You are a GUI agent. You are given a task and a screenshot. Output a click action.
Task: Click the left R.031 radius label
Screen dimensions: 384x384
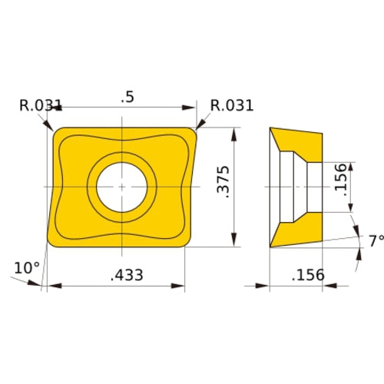click(41, 105)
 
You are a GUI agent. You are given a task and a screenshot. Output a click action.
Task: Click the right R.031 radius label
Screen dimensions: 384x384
click(233, 105)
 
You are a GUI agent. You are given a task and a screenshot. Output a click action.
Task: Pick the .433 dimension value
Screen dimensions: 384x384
click(124, 275)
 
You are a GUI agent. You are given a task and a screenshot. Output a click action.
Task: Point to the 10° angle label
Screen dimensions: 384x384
click(26, 267)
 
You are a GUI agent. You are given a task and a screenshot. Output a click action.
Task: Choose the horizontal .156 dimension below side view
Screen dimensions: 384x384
click(309, 275)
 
